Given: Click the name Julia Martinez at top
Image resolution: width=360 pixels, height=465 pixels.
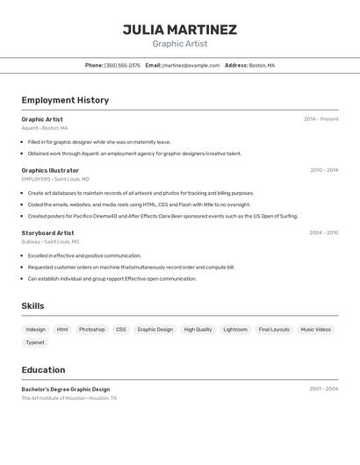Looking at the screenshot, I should coord(179,30).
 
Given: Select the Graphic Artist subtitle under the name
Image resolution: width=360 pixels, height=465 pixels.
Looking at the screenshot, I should coord(179,44).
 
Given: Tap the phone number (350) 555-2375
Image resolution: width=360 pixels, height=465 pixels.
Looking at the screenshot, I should coord(122,65).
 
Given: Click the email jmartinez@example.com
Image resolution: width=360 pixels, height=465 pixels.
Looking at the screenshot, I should coord(191,65).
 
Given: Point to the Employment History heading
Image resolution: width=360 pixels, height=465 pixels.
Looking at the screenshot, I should coord(65,100).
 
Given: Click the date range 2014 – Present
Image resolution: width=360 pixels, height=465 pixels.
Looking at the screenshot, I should coord(320,119).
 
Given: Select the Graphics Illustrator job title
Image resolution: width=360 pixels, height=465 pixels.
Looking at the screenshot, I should coord(50,170).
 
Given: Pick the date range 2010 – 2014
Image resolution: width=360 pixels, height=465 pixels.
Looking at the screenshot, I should coord(324,170).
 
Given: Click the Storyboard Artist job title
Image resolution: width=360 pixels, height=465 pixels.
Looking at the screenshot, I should coord(47,233).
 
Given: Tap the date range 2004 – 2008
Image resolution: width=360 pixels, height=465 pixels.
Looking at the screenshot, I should coord(324,233).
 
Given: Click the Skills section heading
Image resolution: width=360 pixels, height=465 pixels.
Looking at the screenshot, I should coord(32,306).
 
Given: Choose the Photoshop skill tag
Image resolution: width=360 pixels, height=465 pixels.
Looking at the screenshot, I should coord(91,330).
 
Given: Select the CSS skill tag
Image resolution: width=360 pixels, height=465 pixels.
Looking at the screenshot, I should coord(121,330).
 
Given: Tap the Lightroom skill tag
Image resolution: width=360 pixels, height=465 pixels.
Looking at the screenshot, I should coord(235,330).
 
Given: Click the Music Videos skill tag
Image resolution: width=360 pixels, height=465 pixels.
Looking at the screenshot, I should coord(315,330).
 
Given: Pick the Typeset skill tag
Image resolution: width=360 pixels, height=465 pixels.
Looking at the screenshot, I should coord(35,343).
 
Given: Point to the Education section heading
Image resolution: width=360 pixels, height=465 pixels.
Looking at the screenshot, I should coord(43,369).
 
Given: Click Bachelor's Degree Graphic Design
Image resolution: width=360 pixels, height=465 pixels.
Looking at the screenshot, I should coord(66,389).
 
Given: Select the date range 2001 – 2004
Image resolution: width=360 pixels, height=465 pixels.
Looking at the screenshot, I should coord(323,389).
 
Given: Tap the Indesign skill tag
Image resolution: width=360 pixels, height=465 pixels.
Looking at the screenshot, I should coord(36,330).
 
